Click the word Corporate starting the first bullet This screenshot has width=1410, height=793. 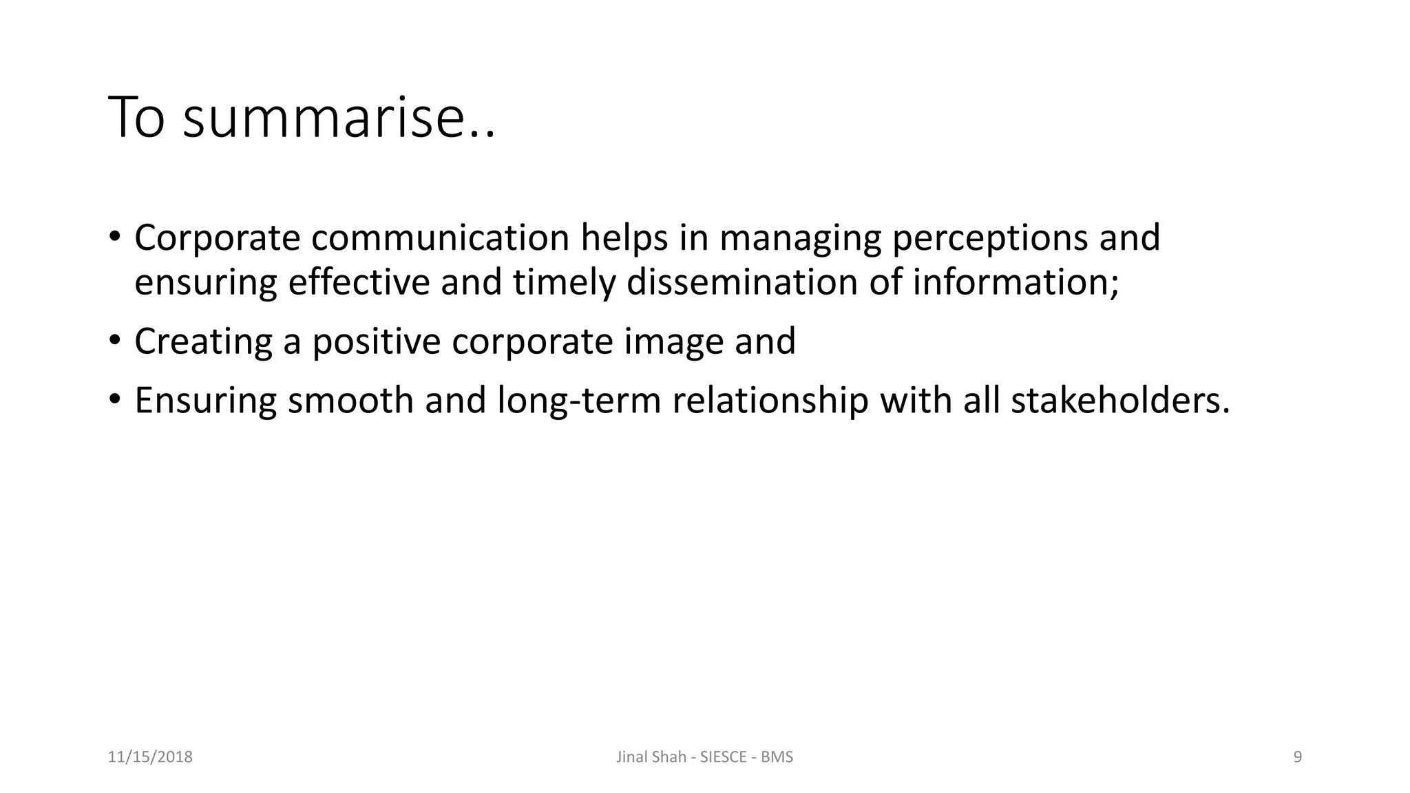[x=217, y=238]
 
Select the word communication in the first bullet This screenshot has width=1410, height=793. [x=440, y=238]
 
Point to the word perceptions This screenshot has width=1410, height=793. [x=989, y=238]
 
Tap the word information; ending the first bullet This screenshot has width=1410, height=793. [x=1016, y=283]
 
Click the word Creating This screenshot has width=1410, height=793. [x=203, y=341]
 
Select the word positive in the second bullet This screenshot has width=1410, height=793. [x=376, y=341]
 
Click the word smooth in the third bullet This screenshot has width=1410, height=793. [x=350, y=401]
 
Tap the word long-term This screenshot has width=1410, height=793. [x=579, y=401]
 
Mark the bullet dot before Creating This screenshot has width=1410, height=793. [x=114, y=340]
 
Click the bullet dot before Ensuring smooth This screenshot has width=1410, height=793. [x=114, y=399]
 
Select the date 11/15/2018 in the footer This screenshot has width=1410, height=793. [x=150, y=757]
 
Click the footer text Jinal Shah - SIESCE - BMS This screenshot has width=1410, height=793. [x=704, y=757]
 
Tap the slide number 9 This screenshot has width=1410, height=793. [x=1298, y=757]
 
